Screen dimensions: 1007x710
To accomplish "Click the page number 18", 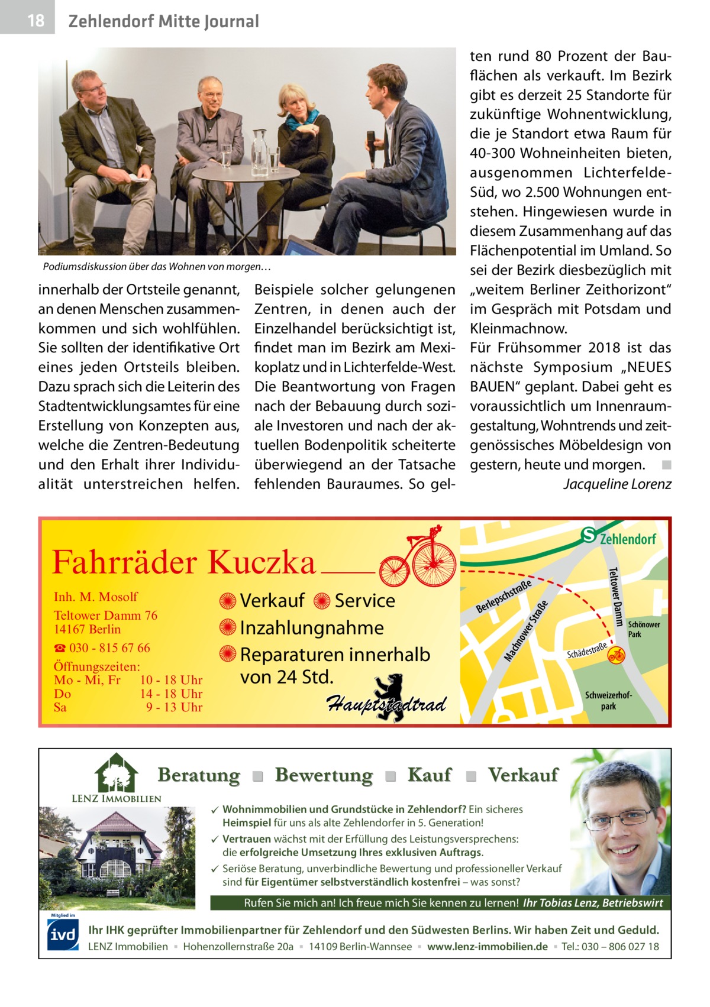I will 35,21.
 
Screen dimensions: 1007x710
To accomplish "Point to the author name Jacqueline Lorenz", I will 617,484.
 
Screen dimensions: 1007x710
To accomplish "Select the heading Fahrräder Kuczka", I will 184,562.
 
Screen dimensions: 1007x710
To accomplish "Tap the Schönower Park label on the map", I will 643,629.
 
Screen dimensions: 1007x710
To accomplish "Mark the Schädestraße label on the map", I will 586,650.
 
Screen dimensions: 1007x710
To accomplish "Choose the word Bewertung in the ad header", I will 324,775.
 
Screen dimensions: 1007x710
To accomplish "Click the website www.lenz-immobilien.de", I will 487,947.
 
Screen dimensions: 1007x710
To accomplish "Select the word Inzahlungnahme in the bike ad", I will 311,628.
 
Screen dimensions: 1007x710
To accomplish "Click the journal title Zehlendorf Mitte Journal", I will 163,22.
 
